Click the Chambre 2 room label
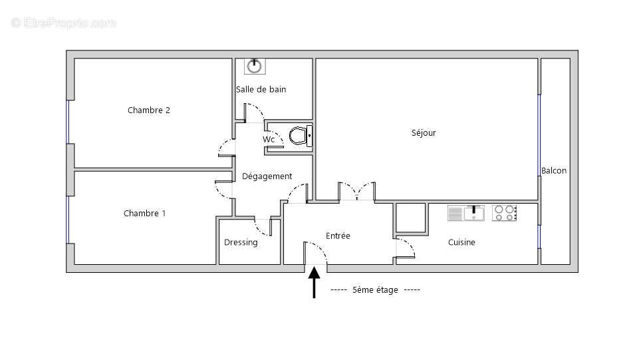click(x=149, y=110)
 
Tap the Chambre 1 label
click(x=145, y=214)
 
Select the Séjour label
click(x=424, y=133)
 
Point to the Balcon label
click(x=554, y=171)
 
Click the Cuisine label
click(x=461, y=243)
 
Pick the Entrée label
click(x=338, y=236)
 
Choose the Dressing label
click(x=241, y=243)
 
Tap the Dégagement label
click(x=267, y=176)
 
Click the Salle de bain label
click(x=261, y=89)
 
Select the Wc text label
click(x=269, y=140)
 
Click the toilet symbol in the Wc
click(x=300, y=136)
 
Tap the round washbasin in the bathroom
click(x=255, y=66)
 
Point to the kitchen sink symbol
click(x=465, y=213)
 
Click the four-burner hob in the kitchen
click(x=505, y=213)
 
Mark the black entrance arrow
click(x=315, y=283)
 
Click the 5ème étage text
click(x=375, y=290)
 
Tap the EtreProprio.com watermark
click(x=63, y=23)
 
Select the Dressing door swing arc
click(x=265, y=228)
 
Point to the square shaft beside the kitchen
click(x=411, y=218)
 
